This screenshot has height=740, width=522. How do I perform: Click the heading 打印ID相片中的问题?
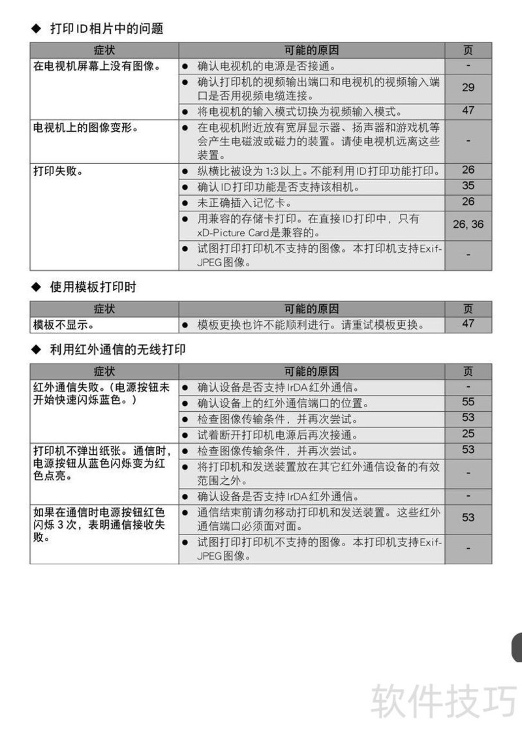[x=106, y=28]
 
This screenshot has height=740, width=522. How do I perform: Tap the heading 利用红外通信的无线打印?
[x=117, y=350]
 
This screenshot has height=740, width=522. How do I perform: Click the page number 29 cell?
[x=468, y=87]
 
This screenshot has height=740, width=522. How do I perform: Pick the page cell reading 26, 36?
[x=468, y=224]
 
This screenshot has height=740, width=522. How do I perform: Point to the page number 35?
[x=468, y=186]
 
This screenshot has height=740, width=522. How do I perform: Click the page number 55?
[x=468, y=402]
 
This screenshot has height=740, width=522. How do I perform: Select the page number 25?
[x=468, y=433]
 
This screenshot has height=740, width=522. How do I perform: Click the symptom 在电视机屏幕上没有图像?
[x=97, y=66]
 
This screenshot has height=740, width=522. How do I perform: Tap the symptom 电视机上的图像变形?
[x=85, y=128]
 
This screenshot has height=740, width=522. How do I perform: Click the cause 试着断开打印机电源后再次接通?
[x=277, y=435]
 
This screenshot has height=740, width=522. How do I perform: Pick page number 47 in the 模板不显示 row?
[x=468, y=324]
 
